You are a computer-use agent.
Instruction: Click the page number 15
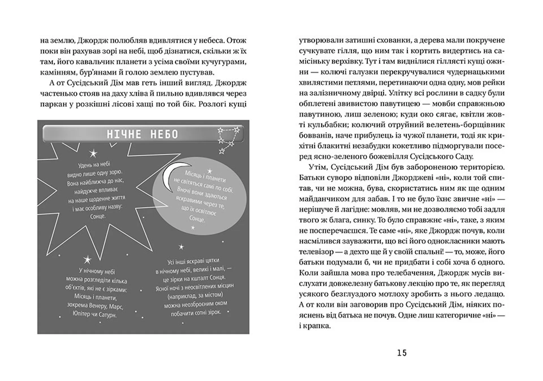click(402, 353)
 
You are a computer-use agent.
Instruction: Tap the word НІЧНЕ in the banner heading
click(124, 134)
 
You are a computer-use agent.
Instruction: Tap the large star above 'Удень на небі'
click(93, 154)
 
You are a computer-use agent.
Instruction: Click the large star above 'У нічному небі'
click(87, 260)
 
